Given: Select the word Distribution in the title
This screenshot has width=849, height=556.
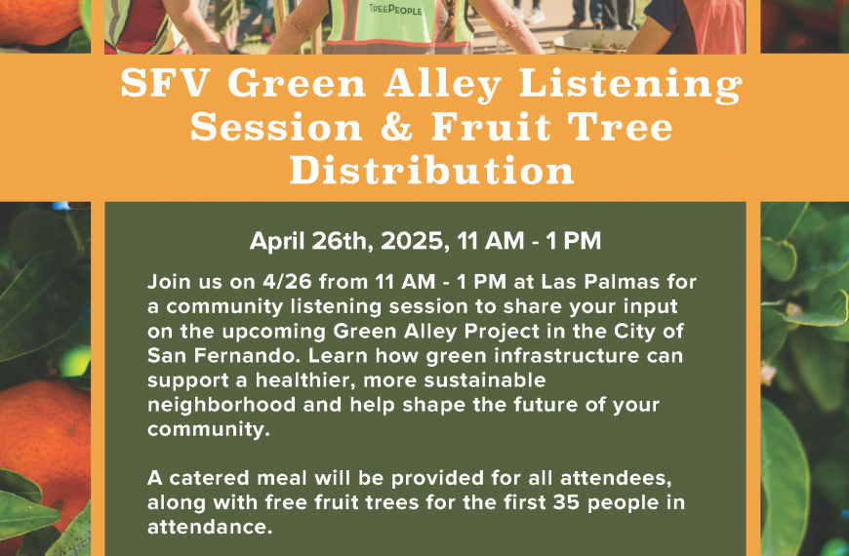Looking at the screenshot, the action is [x=432, y=170].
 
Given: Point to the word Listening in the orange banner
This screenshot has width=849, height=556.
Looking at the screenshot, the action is [x=630, y=85].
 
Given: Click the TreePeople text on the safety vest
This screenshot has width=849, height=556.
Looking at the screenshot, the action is [x=395, y=9].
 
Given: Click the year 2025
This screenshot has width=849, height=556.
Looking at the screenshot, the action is [x=415, y=241].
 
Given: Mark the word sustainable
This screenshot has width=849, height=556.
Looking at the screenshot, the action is [x=485, y=380].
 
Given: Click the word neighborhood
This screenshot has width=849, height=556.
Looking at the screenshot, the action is [x=222, y=405].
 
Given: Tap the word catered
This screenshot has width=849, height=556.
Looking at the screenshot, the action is [x=210, y=478].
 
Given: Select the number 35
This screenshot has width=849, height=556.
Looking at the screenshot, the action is [x=567, y=502].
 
